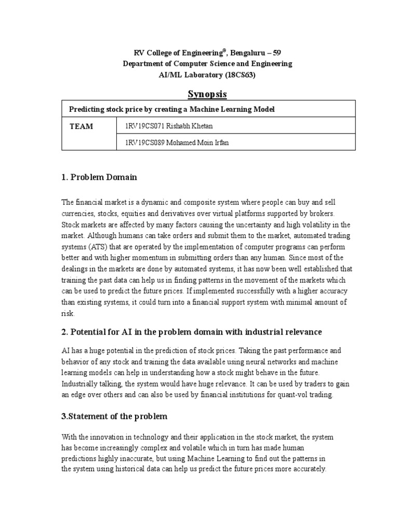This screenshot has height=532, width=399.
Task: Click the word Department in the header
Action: [x=143, y=63]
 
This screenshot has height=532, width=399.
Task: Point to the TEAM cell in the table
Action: [x=82, y=126]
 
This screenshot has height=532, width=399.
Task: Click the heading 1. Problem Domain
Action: [x=99, y=177]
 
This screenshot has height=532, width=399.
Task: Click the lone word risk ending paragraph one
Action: [x=68, y=313]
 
